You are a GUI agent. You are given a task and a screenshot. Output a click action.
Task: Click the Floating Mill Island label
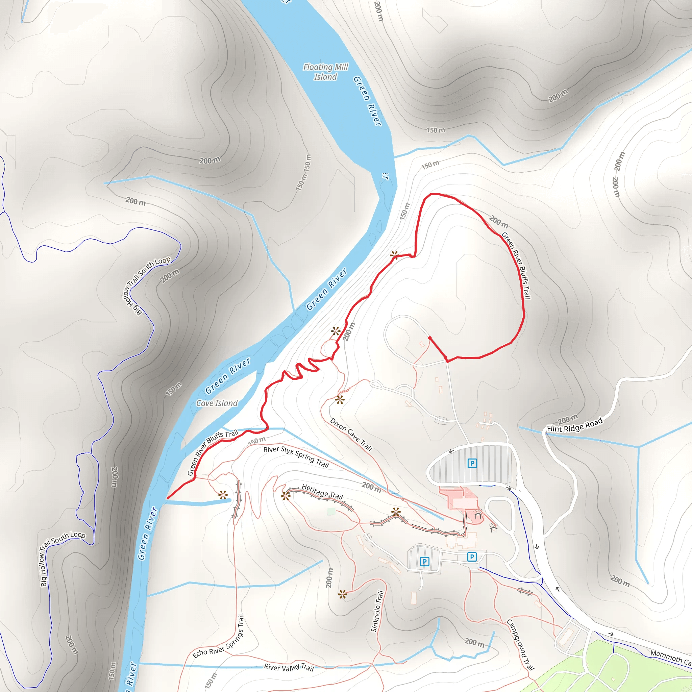325,72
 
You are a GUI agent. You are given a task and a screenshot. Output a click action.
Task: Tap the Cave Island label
217,403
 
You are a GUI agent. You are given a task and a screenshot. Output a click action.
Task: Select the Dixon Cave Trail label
351,434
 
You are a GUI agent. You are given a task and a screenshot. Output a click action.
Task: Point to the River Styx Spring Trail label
296,457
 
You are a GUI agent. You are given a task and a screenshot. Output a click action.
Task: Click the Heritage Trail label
322,491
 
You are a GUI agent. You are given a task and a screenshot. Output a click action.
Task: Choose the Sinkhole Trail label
377,611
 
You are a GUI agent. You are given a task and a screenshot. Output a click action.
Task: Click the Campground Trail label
520,644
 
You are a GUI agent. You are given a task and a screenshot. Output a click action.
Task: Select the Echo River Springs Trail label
219,637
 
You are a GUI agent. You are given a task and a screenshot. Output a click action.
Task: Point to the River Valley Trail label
289,667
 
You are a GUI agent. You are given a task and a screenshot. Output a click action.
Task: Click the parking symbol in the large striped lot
472,463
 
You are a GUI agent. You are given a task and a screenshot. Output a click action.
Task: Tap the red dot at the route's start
430,338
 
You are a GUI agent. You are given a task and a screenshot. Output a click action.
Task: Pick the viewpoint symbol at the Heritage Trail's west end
286,496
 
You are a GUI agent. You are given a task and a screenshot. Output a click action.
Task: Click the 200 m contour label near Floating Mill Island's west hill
210,160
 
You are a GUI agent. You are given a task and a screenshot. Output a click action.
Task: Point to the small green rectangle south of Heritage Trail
331,512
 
